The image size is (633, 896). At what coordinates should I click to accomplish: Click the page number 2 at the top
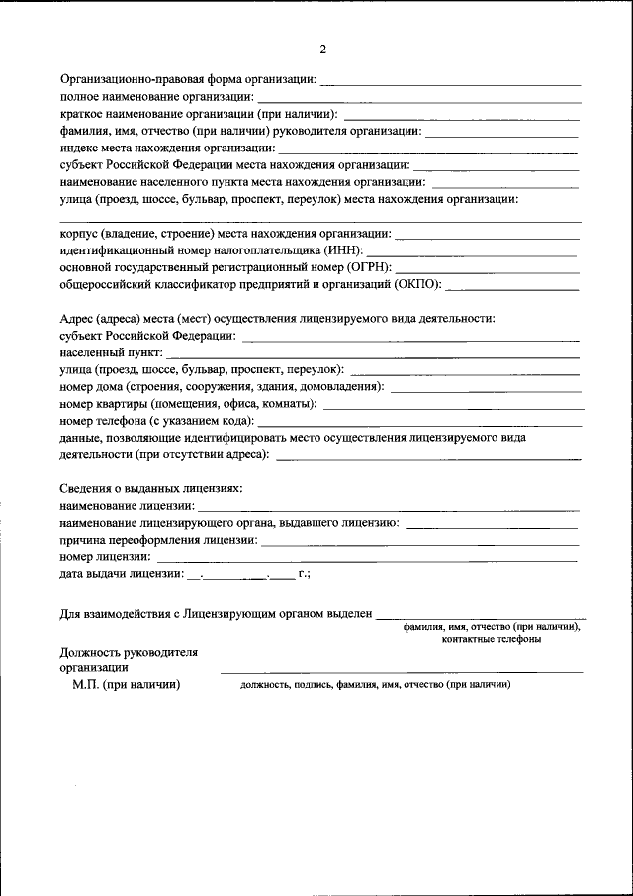[322, 49]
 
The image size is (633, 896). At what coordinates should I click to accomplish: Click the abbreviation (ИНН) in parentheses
[344, 250]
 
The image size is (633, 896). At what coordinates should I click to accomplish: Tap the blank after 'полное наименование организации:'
[417, 98]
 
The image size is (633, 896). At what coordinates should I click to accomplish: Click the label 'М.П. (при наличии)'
[126, 684]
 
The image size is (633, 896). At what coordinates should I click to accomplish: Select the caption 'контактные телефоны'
[492, 640]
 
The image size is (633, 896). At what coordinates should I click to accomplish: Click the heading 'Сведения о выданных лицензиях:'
[150, 489]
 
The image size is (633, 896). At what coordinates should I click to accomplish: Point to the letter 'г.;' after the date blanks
[304, 574]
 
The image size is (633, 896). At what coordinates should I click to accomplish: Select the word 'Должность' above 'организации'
[87, 652]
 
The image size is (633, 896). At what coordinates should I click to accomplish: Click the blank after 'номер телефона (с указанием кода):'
[420, 421]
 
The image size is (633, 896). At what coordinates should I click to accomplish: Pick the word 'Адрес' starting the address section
[76, 318]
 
